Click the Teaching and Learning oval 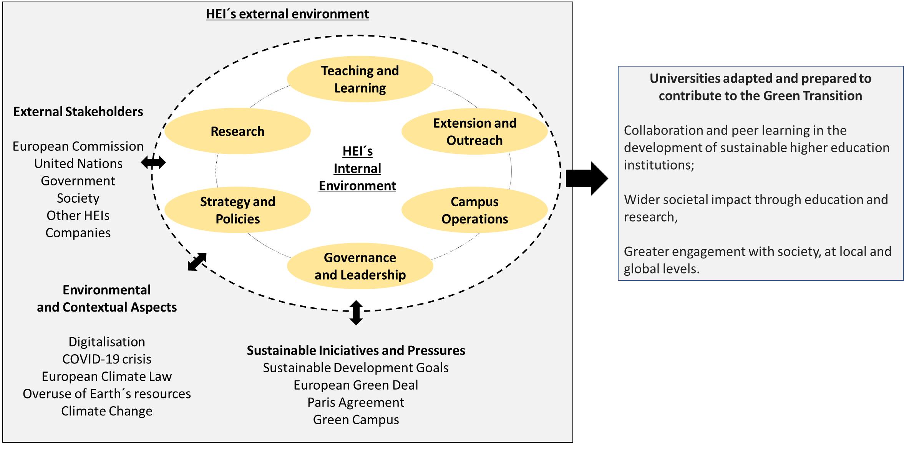pos(360,79)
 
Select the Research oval pos(237,131)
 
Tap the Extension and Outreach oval pos(474,132)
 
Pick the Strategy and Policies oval pos(237,210)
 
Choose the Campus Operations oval pos(474,210)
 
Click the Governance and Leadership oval pos(360,266)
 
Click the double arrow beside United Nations pos(153,163)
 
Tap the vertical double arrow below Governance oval pos(356,313)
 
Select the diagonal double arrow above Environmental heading pos(197,262)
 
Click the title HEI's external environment pos(287,14)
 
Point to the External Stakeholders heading pos(78,112)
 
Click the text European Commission pos(78,146)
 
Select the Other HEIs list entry pos(78,215)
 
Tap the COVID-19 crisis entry pos(107,359)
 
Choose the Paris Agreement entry pos(356,402)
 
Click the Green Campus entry pos(356,420)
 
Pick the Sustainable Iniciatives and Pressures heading pos(356,350)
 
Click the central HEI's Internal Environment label pos(357,168)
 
